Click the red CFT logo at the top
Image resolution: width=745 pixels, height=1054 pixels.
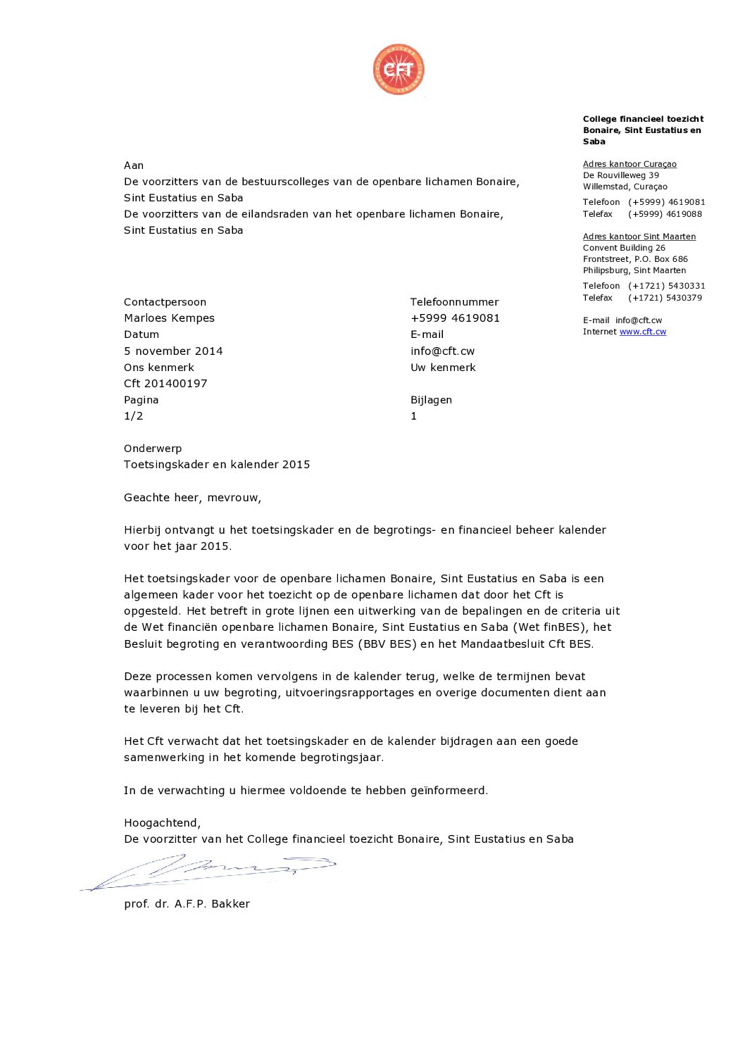click(399, 69)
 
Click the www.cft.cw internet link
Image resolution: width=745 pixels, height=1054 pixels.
click(642, 332)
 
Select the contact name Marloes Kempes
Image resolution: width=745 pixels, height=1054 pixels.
click(169, 318)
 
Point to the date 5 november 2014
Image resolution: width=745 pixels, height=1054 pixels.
click(173, 351)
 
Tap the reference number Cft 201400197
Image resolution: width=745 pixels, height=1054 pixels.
click(165, 384)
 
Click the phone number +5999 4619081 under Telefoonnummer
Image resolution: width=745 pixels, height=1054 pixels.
click(455, 318)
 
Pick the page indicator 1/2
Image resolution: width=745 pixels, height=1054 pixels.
click(133, 416)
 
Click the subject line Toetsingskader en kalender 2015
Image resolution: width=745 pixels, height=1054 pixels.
click(217, 465)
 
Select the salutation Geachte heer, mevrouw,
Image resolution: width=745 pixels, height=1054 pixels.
click(192, 498)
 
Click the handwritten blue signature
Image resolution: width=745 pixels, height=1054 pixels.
click(211, 872)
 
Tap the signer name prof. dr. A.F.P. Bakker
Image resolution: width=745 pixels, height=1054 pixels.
click(187, 904)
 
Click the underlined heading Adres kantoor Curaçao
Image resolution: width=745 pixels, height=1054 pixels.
click(630, 164)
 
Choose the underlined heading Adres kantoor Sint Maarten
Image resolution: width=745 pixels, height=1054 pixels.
click(639, 237)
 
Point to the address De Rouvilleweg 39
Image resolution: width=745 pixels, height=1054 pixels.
click(620, 175)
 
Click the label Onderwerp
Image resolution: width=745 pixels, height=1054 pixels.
click(153, 448)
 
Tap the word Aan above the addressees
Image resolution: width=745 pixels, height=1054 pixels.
click(134, 165)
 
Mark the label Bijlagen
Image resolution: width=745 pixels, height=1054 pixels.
click(431, 400)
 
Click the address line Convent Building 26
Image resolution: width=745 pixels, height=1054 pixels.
click(624, 248)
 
